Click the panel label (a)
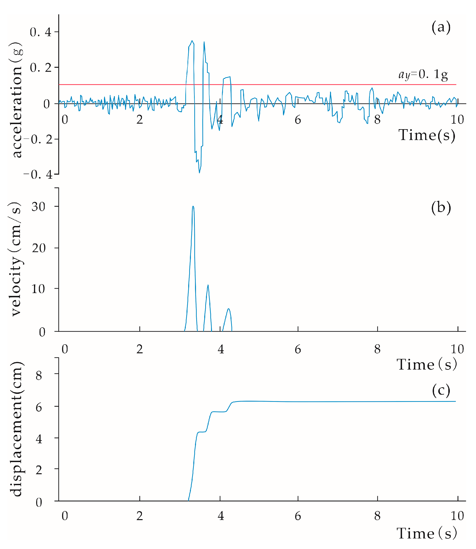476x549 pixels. [x=441, y=27]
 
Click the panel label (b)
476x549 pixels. [x=441, y=207]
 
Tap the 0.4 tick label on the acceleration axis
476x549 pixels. [x=40, y=32]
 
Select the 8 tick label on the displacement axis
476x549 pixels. [x=39, y=376]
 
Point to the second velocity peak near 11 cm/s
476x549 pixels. [x=208, y=285]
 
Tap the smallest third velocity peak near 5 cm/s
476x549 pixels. [x=229, y=309]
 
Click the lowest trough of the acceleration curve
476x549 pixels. [x=199, y=173]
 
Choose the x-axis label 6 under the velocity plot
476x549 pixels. [x=298, y=349]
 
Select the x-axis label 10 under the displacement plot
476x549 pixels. [x=457, y=516]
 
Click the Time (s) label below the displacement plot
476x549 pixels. [x=427, y=533]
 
